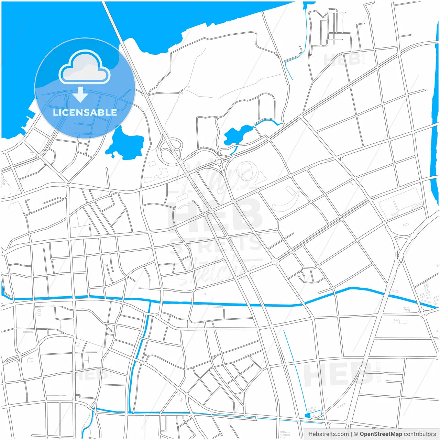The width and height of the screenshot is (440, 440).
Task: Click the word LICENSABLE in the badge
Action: [85, 112]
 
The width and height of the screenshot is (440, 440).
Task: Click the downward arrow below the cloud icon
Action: [80, 95]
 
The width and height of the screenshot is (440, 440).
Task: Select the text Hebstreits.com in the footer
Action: [328, 434]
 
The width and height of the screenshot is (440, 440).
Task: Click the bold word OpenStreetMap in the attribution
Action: [381, 434]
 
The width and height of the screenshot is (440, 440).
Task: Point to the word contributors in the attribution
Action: [420, 434]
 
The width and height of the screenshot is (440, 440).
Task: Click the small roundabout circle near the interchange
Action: [219, 161]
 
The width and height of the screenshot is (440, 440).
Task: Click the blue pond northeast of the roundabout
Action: [237, 135]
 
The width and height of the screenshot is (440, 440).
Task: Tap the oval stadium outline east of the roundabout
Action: [246, 171]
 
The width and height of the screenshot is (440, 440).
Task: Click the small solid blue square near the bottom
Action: [307, 416]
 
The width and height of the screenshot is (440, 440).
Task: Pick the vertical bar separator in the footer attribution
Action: [351, 434]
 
